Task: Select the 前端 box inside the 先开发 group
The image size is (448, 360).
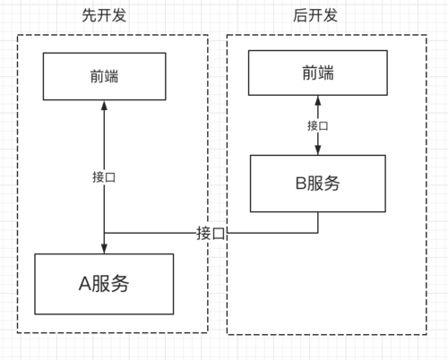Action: point(106,76)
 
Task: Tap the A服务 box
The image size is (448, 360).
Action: point(106,285)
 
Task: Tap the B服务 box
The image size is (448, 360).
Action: point(317,184)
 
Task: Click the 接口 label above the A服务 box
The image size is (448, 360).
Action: point(105,176)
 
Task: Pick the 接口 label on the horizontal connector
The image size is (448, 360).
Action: point(211,233)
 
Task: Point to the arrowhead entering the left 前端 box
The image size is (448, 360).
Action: point(106,105)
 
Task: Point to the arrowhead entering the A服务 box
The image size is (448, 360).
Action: point(106,249)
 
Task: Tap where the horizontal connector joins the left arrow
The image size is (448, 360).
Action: point(106,233)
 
